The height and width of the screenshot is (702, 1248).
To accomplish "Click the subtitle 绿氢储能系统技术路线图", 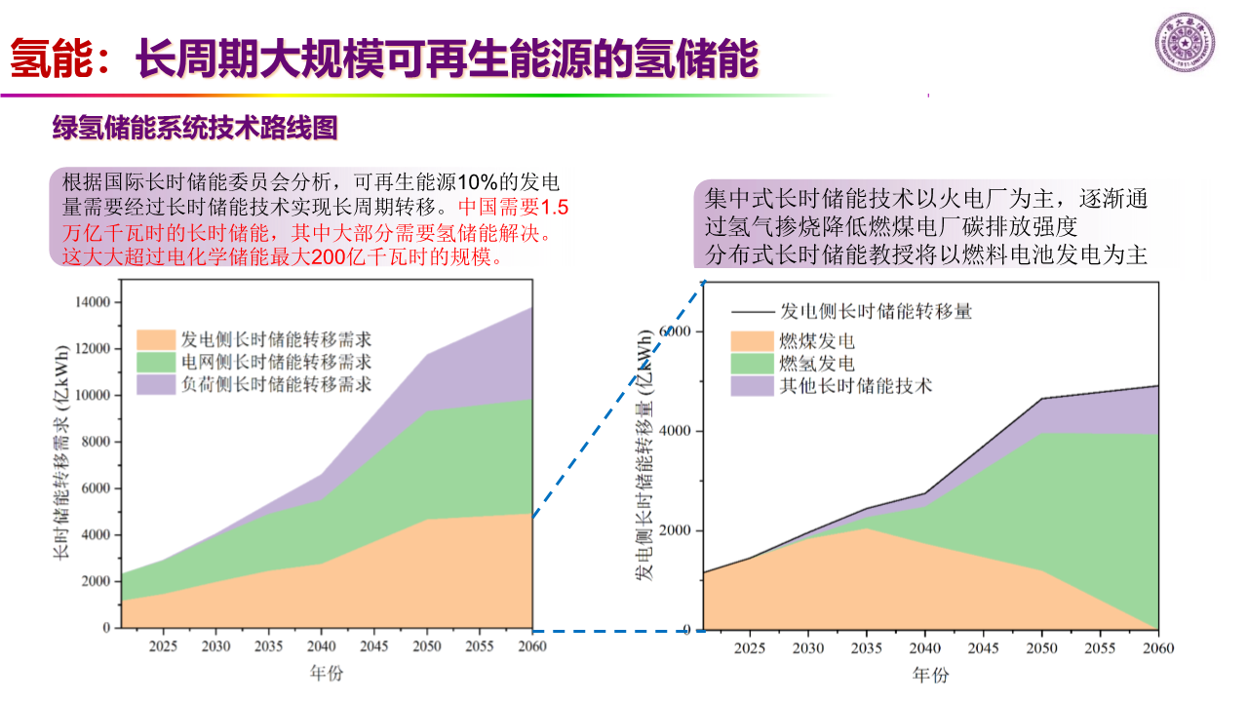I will (x=195, y=128).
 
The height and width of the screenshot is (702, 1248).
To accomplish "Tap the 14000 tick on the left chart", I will (x=93, y=302).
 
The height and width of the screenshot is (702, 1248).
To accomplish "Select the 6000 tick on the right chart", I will (x=677, y=331).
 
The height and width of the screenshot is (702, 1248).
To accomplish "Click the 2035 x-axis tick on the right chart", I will (x=866, y=647).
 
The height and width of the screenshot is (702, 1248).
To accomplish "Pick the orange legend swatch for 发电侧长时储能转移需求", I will (x=155, y=340).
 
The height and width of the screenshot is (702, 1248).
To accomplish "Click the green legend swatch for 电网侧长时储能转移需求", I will (x=155, y=362).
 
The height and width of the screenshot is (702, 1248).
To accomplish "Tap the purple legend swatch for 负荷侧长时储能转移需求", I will (x=155, y=384).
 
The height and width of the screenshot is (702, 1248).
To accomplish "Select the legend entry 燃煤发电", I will (x=816, y=341).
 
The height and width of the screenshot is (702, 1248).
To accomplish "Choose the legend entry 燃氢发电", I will (x=816, y=364).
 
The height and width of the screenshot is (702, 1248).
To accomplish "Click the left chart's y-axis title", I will (x=60, y=453).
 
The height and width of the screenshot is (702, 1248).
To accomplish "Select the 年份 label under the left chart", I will (x=326, y=673).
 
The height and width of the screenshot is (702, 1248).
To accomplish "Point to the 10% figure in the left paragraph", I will (x=479, y=182).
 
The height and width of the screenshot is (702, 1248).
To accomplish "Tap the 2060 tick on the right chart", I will (x=1157, y=647).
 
